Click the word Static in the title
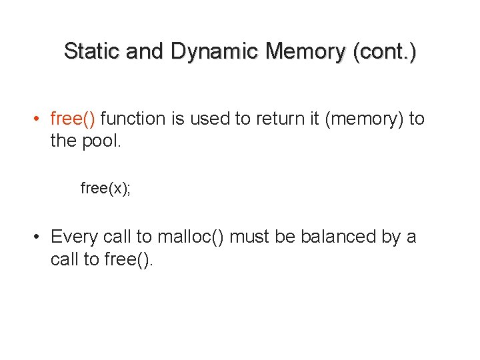tap(91, 51)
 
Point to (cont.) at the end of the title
tap(385, 51)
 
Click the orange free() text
tap(73, 119)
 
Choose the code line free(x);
tap(105, 189)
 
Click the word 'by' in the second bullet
tap(392, 237)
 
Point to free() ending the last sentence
tap(129, 259)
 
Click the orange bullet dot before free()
tap(40, 120)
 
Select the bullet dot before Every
tap(40, 237)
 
